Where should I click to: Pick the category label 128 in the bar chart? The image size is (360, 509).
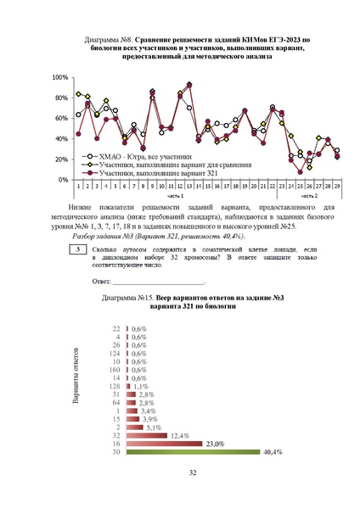pos(115,386)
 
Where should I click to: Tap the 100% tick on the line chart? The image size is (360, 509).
pos(60,77)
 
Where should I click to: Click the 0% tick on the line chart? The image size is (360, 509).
pos(64,180)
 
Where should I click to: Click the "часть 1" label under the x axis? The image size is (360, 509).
pos(175,195)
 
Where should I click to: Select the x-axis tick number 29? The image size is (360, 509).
pos(337,185)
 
